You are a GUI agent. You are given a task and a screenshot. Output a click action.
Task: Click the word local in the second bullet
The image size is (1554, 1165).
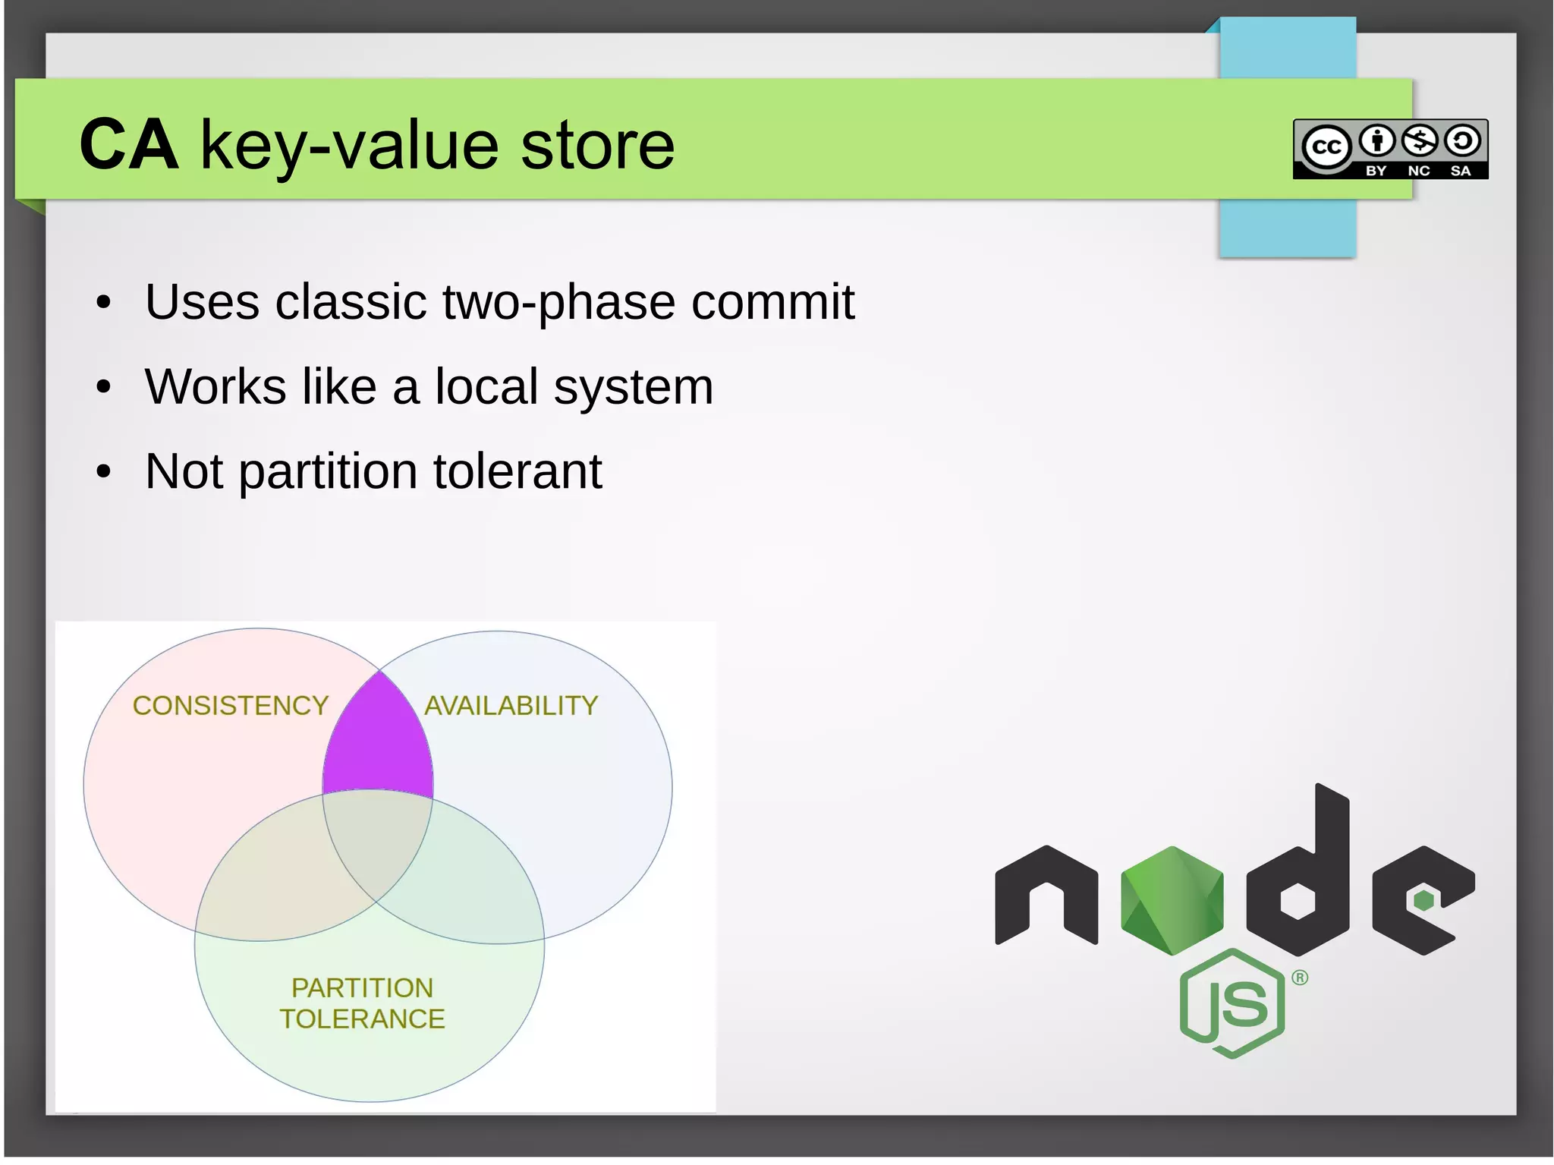(x=486, y=386)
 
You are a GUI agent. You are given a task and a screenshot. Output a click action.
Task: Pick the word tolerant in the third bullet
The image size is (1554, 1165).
(x=517, y=471)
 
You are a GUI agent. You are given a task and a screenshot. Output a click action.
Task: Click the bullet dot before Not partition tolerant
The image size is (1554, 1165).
(x=104, y=472)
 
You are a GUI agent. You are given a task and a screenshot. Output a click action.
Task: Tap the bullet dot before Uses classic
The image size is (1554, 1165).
(x=104, y=303)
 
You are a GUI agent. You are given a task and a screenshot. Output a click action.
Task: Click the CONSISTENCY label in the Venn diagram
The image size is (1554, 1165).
(x=231, y=706)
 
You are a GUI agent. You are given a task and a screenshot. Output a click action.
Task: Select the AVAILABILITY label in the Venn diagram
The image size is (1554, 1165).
(x=511, y=706)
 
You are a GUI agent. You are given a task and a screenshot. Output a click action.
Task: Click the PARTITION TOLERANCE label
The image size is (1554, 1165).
(x=363, y=1003)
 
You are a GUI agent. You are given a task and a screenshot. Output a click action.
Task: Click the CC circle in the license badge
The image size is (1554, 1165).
(x=1326, y=146)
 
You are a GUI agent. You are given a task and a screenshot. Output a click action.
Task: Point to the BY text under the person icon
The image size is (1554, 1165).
(x=1376, y=171)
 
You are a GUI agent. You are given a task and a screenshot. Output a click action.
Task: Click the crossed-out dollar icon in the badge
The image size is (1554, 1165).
(x=1420, y=140)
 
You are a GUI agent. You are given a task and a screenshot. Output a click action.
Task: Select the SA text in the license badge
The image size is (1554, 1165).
(x=1461, y=171)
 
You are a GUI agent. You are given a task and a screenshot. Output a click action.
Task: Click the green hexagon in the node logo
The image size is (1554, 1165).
(x=1172, y=899)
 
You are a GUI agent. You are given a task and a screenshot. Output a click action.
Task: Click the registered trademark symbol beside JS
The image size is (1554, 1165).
(x=1300, y=978)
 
